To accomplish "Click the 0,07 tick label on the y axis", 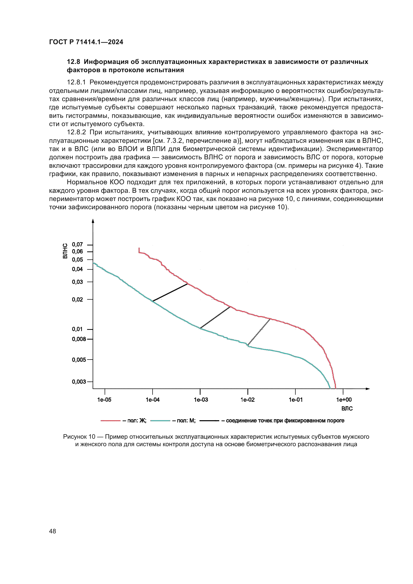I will coord(77,244).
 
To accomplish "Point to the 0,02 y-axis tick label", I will coord(77,299).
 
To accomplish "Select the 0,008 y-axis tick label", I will coord(79,339).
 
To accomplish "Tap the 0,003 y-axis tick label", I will coord(79,382).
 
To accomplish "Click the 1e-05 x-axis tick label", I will coord(104,399).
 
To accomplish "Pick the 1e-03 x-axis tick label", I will coord(201,399).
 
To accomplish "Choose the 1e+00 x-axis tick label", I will coord(344,399).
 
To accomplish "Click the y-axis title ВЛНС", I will coord(65,251).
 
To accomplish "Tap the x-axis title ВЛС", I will coord(347,408).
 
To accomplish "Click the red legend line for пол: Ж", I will coord(110,421).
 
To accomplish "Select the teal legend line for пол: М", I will coord(160,421).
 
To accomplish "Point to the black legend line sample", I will coord(209,421).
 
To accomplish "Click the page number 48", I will coord(53,531).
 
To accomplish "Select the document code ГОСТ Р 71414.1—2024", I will coord(86,42).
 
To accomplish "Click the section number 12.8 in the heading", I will coord(73,62).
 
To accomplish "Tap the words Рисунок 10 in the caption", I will coord(79,436).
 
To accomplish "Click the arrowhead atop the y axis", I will coord(93,221).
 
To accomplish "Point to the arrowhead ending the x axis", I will coord(368,389).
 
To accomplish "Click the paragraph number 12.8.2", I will coord(76,132).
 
